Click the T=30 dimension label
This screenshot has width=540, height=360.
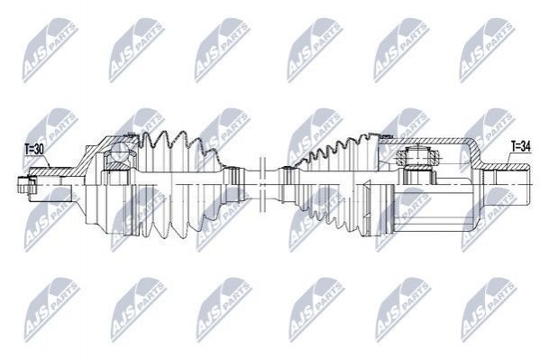34,149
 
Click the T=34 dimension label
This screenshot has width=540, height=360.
520,147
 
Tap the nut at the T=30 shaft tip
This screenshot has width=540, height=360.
23,184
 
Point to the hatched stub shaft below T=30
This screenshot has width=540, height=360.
48,171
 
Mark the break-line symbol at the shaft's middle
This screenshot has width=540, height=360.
262,184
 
